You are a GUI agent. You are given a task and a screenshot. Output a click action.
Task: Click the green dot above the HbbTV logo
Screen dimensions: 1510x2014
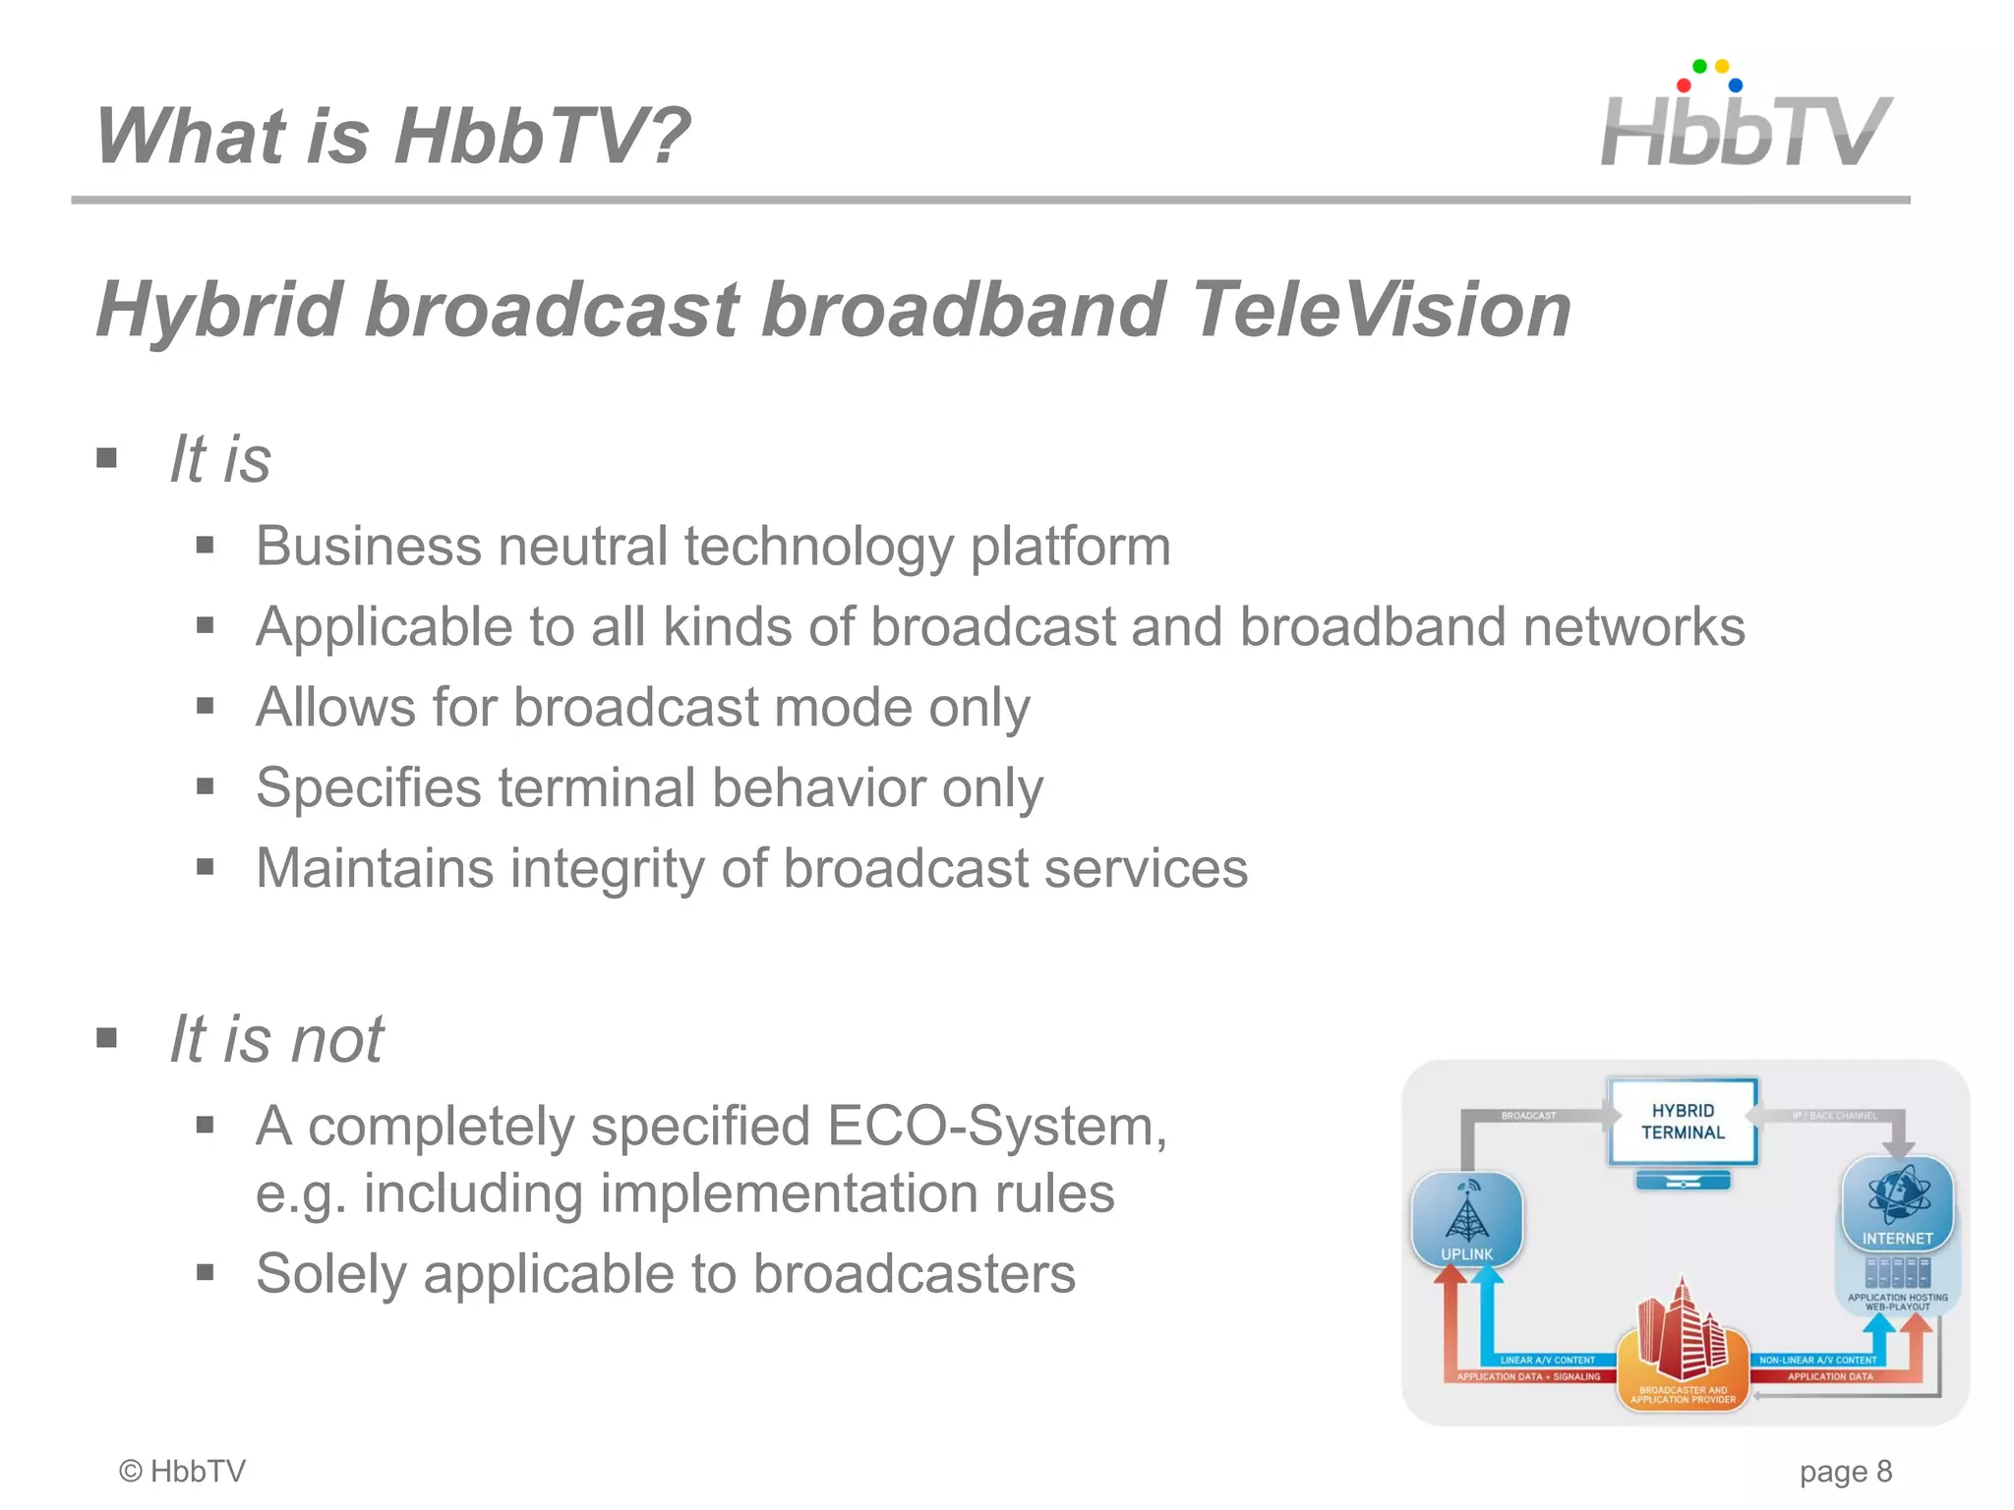click(x=1699, y=67)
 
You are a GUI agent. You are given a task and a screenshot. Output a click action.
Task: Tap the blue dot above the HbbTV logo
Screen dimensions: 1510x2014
click(x=1736, y=86)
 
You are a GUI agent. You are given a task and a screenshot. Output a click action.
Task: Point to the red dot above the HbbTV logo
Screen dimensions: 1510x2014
click(x=1684, y=86)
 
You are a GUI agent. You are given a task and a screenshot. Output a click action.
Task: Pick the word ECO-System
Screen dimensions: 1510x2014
click(x=995, y=1126)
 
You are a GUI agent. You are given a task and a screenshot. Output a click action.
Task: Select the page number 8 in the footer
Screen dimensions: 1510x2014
click(x=1883, y=1471)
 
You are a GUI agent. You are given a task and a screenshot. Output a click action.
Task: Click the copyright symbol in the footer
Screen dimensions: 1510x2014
click(x=131, y=1471)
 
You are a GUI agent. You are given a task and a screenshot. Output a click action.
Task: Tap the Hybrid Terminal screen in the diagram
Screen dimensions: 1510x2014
click(x=1683, y=1122)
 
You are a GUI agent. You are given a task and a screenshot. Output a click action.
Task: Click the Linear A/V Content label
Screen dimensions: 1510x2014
click(x=1547, y=1360)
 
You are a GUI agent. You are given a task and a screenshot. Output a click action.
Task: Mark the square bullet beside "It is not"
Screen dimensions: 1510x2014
click(x=107, y=1038)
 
